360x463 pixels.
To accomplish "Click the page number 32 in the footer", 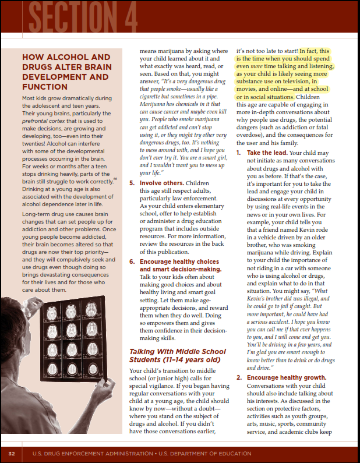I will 11,453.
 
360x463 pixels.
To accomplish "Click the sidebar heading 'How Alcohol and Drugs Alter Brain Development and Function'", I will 65,72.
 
